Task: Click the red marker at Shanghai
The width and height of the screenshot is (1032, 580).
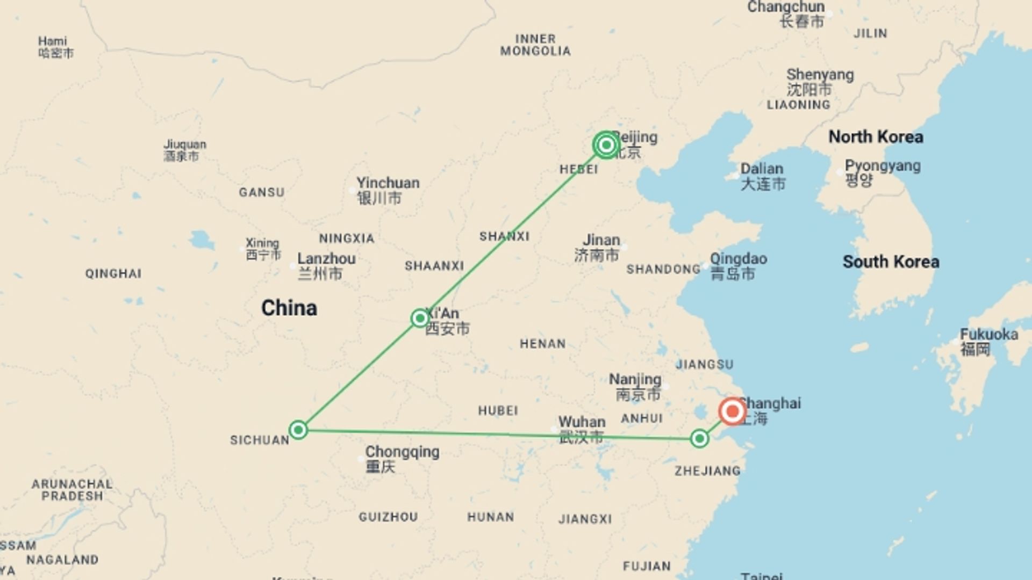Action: [732, 412]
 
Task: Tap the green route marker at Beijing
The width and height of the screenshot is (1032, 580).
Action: [606, 145]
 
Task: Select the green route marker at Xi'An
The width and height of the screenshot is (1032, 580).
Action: [419, 318]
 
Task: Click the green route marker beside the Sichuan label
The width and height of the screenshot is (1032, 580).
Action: [298, 430]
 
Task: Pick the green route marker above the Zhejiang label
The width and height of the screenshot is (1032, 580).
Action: [699, 439]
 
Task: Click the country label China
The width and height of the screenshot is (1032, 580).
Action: [289, 308]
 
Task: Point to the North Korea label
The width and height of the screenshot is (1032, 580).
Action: [876, 137]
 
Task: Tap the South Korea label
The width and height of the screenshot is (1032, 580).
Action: [891, 262]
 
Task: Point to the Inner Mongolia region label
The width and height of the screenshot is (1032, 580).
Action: [535, 45]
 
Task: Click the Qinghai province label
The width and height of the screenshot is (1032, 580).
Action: [113, 274]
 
